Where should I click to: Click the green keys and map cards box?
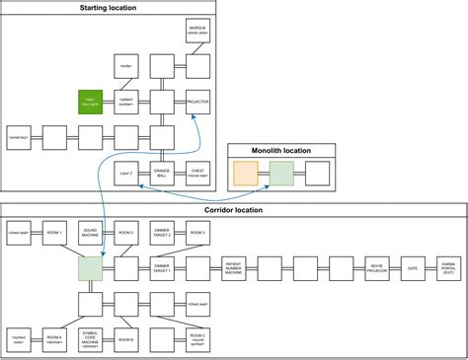(x=90, y=101)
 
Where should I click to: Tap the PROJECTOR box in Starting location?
(x=197, y=101)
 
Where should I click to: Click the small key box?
(x=19, y=136)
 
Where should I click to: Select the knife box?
(x=125, y=66)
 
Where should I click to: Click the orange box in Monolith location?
(x=245, y=175)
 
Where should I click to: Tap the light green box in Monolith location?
(x=281, y=175)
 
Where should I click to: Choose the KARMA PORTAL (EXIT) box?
(x=448, y=268)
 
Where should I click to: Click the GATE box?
(x=412, y=268)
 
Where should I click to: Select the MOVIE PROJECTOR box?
(x=376, y=268)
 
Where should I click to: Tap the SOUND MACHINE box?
(x=90, y=234)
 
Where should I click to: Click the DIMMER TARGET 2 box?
(x=161, y=234)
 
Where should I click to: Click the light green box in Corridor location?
(x=90, y=268)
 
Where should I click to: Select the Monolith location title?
(x=282, y=151)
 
